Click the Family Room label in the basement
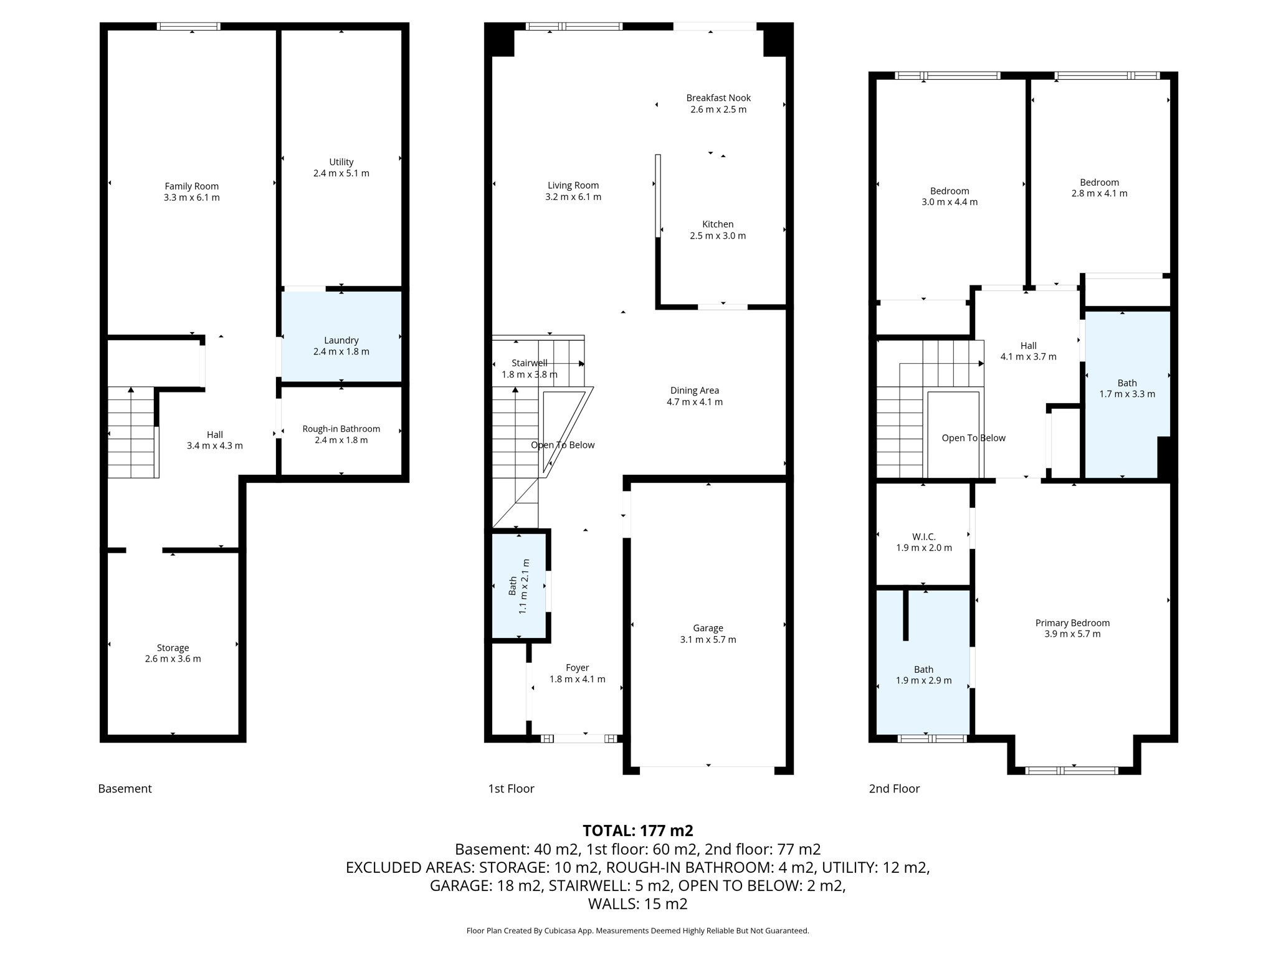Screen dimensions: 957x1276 (x=191, y=186)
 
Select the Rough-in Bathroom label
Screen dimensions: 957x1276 (x=341, y=429)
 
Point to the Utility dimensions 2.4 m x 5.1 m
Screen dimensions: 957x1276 (x=341, y=173)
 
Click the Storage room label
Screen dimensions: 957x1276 (x=173, y=647)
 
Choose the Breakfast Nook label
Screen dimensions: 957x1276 (x=718, y=98)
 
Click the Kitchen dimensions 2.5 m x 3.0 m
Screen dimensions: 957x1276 (x=718, y=236)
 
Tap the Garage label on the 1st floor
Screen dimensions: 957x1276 (x=708, y=628)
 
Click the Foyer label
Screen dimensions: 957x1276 (x=577, y=667)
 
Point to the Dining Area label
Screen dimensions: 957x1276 (x=694, y=391)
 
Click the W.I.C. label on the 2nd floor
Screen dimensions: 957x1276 (x=923, y=536)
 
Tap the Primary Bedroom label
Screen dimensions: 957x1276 (x=1072, y=622)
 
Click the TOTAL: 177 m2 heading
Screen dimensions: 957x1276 (x=637, y=831)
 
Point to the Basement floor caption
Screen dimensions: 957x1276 (x=125, y=788)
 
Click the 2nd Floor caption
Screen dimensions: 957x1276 (x=894, y=788)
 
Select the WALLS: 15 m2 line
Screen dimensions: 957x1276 (x=637, y=903)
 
